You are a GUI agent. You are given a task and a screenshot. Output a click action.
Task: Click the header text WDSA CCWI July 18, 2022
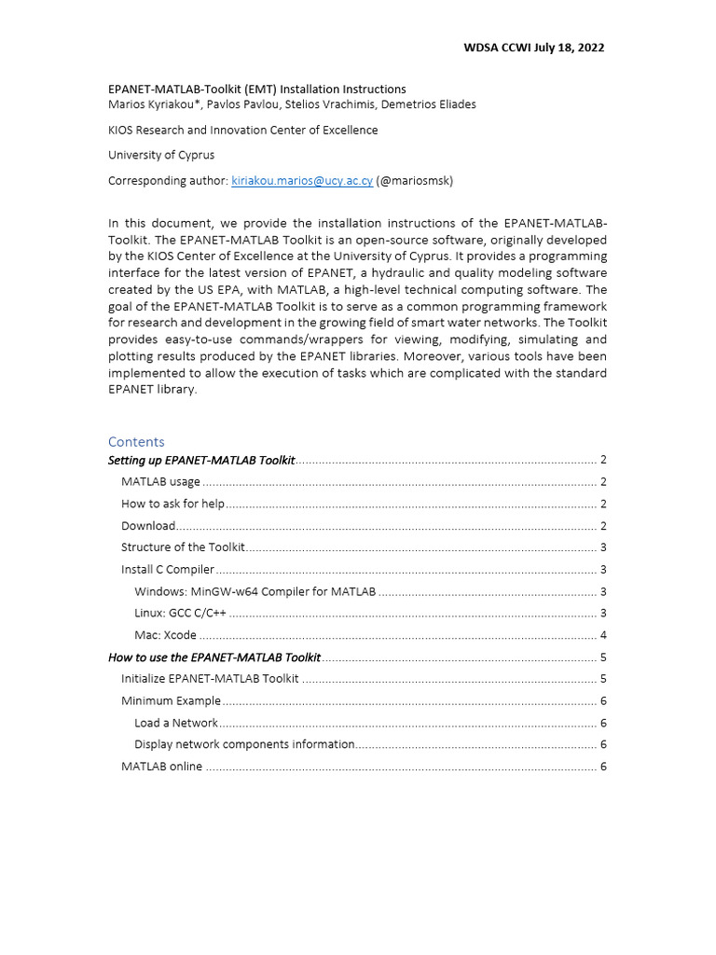[533, 48]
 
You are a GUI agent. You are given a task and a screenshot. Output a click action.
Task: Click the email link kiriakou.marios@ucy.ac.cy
[301, 181]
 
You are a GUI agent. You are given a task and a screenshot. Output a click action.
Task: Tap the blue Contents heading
[136, 441]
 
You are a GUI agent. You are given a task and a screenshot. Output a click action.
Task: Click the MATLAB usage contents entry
[160, 482]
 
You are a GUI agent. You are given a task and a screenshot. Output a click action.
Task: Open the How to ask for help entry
[172, 504]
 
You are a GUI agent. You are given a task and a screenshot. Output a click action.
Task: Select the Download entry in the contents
[147, 526]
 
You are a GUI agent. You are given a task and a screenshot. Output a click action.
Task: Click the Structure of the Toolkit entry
[183, 547]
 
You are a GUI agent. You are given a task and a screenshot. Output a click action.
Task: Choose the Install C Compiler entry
[167, 570]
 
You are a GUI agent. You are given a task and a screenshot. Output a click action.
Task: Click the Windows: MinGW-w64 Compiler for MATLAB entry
[255, 591]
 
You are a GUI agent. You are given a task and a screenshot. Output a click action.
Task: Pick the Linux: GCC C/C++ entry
[180, 613]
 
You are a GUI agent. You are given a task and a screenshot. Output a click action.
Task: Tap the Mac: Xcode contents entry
[165, 635]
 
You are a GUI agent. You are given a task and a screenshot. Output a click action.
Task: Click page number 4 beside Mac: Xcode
[603, 635]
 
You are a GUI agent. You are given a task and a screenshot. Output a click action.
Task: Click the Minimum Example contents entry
[171, 700]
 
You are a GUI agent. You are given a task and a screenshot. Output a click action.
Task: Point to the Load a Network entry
[175, 723]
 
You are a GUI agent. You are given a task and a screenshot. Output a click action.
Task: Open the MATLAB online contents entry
[161, 767]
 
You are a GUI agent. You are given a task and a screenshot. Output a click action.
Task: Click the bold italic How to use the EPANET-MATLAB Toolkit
[213, 657]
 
